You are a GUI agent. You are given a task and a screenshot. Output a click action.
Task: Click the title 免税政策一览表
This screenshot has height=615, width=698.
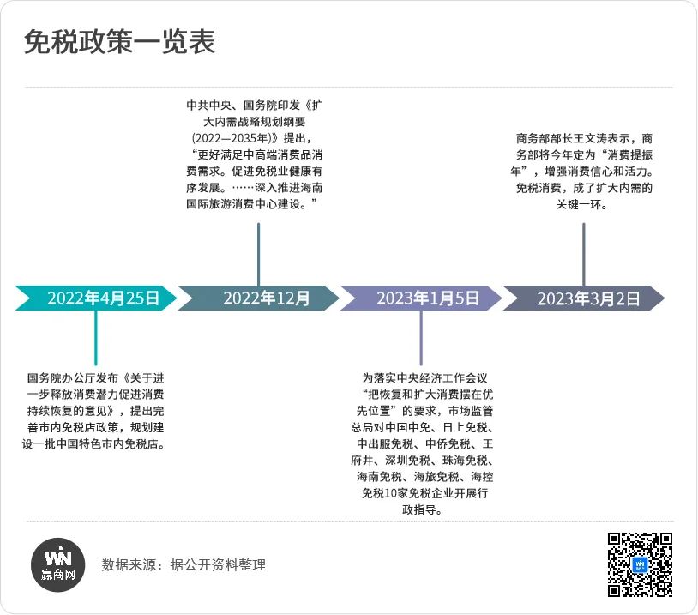tap(119, 42)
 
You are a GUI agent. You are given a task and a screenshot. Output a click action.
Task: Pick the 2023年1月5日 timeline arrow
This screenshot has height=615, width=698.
tap(420, 298)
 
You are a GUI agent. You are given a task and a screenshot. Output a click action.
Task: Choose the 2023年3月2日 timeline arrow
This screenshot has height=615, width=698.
tap(583, 298)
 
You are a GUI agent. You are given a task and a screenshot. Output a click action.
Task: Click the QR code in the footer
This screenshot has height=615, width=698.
tap(640, 564)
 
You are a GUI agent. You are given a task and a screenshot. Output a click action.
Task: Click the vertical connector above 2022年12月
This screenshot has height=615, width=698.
tap(258, 254)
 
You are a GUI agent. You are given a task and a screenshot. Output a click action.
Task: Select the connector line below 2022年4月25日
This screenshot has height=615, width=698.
tap(96, 338)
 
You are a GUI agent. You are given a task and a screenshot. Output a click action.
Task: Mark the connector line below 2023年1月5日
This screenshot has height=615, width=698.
tap(420, 338)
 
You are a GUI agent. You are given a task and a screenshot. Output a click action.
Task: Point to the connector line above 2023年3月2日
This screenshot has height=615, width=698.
tap(583, 254)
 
